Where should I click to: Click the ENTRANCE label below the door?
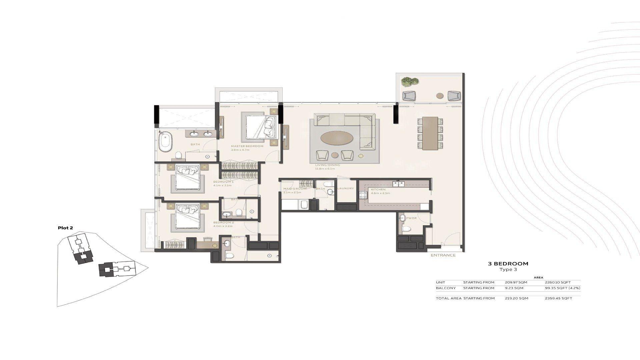tap(443, 255)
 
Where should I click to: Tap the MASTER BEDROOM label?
tap(247, 146)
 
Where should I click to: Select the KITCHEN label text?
tap(378, 189)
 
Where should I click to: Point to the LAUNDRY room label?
tap(345, 189)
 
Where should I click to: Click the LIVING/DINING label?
tap(328, 165)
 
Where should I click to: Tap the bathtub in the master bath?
tap(165, 142)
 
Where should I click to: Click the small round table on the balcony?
tap(440, 96)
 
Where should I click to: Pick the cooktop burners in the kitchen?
tap(363, 195)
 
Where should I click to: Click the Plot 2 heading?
tap(65, 228)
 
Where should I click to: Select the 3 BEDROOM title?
tap(508, 264)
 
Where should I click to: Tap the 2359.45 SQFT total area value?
tap(558, 298)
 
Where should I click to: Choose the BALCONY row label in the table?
tap(446, 288)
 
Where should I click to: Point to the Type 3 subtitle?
tap(508, 269)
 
